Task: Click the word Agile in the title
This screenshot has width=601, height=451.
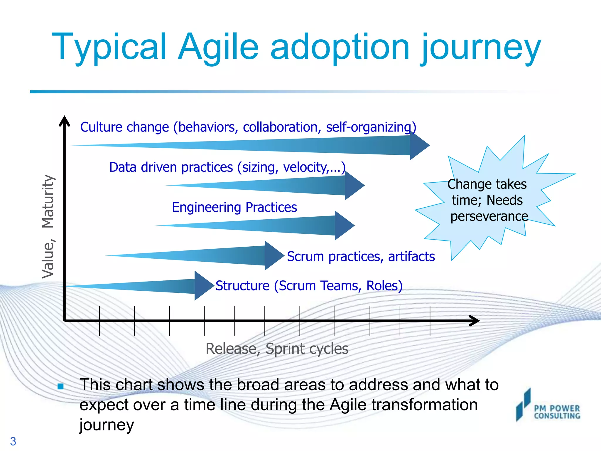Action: tap(219, 47)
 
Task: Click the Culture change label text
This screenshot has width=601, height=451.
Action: tap(248, 127)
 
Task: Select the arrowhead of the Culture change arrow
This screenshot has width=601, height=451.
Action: tap(419, 145)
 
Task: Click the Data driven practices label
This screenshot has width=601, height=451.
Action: tap(227, 167)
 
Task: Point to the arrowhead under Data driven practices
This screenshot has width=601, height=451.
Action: tap(354, 185)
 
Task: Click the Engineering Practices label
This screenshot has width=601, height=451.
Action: tap(234, 207)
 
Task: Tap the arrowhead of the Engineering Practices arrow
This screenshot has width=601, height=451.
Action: tap(344, 225)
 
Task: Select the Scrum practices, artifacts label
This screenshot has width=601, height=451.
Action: tap(361, 256)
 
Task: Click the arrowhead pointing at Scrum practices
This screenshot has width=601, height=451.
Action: tap(274, 255)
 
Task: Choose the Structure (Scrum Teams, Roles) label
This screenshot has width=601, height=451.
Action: tap(309, 286)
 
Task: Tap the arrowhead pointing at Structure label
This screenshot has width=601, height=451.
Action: tap(204, 285)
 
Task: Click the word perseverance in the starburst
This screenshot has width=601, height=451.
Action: tap(489, 217)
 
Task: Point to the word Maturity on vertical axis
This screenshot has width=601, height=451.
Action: tap(48, 201)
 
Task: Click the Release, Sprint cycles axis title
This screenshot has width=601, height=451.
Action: tap(277, 349)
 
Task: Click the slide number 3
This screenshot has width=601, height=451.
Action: tap(13, 441)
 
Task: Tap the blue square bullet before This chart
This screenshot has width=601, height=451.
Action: tap(61, 386)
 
